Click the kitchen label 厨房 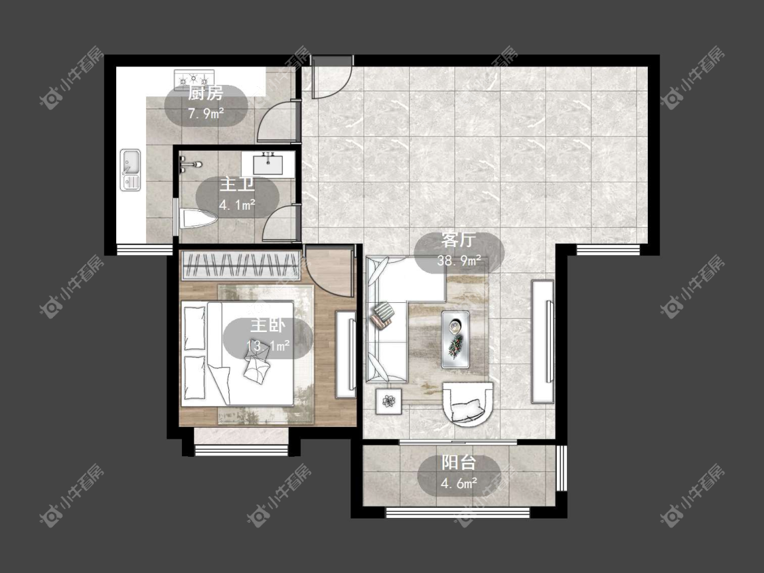point(206,93)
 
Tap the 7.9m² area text point(206,114)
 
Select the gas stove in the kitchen point(195,77)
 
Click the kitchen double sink point(130,170)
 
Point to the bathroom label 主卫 point(237,185)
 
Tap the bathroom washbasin point(268,163)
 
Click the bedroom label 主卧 point(268,325)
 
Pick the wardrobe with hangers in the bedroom point(240,266)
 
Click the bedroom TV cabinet point(346,354)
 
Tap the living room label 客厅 point(458,240)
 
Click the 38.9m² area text point(458,261)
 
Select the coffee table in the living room point(456,339)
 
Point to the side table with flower point(389,401)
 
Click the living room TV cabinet point(543,341)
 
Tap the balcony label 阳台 point(458,463)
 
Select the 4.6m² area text point(458,484)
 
